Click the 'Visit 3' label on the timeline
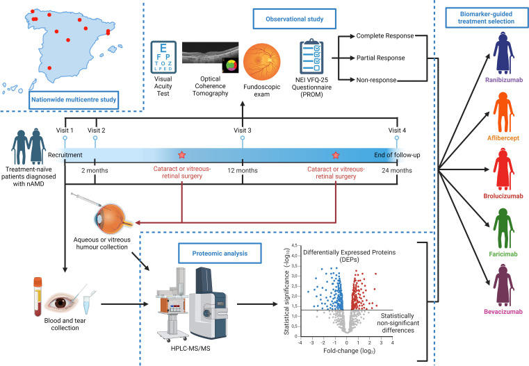(242, 130)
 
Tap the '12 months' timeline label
(242, 169)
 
